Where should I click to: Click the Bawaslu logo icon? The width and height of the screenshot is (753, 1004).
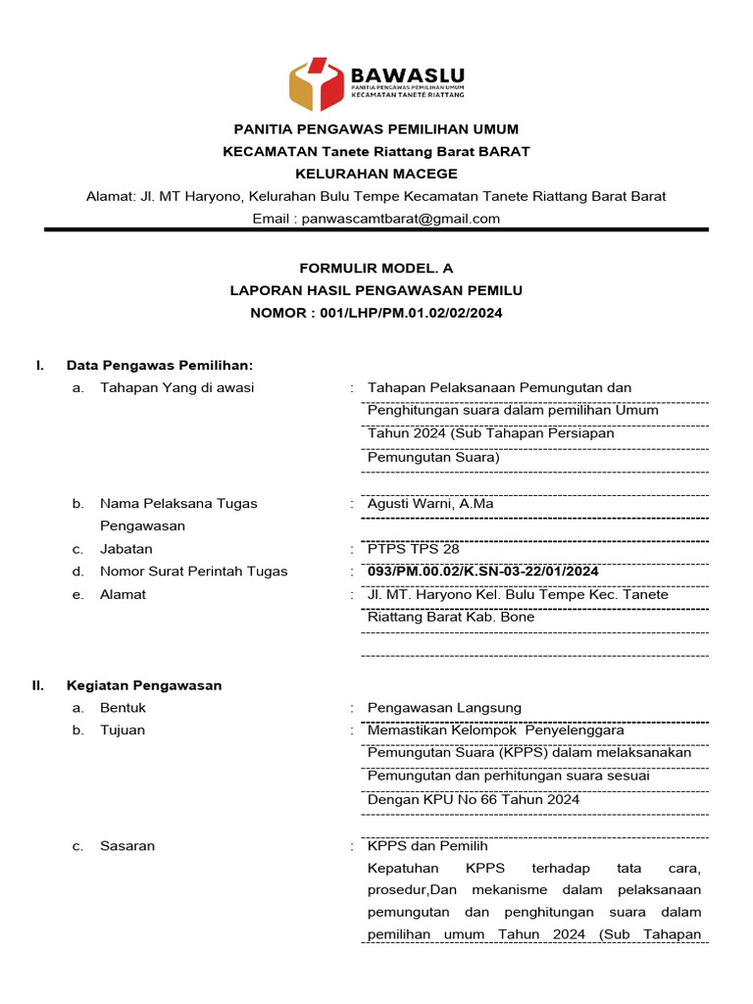[317, 84]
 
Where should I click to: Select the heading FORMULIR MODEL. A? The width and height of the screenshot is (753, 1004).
[376, 268]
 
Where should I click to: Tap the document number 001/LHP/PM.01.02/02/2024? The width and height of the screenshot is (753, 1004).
[412, 313]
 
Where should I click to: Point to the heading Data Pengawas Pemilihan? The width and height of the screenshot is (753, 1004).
[160, 366]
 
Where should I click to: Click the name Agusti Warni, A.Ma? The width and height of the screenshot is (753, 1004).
[430, 504]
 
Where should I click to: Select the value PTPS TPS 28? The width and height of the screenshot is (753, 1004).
[413, 549]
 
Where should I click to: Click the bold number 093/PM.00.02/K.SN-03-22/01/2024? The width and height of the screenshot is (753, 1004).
[482, 572]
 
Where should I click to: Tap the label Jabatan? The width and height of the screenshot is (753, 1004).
[126, 549]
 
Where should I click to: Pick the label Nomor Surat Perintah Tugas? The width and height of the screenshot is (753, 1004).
[194, 572]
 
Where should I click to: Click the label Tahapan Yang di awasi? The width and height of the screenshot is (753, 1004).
[176, 387]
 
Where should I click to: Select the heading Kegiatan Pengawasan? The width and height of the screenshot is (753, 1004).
[144, 685]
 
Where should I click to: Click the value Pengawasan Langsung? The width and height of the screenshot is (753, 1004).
[444, 708]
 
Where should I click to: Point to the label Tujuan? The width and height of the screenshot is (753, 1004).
[123, 730]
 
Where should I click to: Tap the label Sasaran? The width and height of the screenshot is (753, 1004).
[127, 846]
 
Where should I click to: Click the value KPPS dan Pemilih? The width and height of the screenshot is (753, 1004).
[427, 846]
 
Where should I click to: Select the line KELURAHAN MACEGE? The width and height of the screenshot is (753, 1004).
[376, 174]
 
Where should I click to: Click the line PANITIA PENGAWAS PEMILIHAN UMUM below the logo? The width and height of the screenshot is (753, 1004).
[376, 129]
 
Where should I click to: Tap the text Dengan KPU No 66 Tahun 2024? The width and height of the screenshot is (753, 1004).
[474, 800]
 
